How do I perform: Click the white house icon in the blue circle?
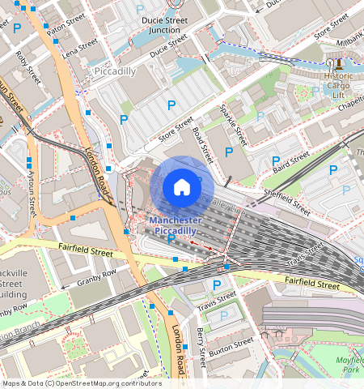click(182, 188)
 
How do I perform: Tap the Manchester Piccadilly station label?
click(176, 225)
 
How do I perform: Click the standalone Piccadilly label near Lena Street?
click(114, 71)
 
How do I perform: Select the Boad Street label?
click(202, 144)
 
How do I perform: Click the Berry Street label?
click(201, 344)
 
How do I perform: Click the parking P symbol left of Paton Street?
click(16, 28)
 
